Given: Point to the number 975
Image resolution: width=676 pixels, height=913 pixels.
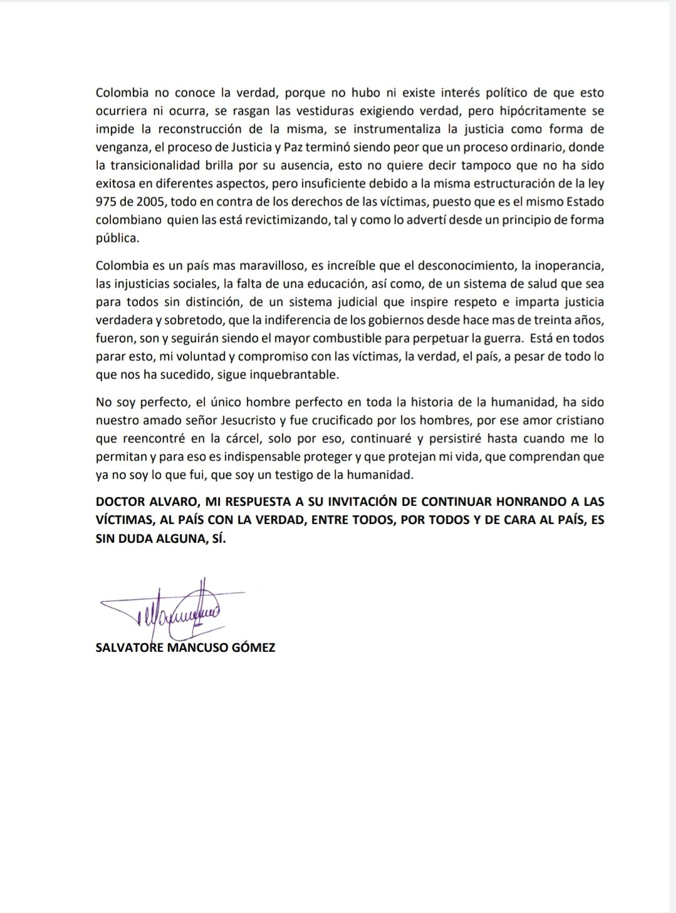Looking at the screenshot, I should (x=107, y=202).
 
